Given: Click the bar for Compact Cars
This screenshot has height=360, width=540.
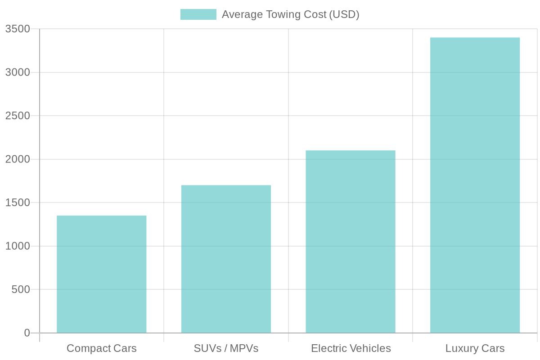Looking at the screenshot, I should pyautogui.click(x=102, y=274).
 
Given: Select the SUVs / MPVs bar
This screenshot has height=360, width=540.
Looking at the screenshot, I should pyautogui.click(x=226, y=259).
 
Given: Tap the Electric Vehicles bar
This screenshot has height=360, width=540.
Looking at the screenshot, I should pyautogui.click(x=351, y=242).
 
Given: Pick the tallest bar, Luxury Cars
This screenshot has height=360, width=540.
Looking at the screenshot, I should pyautogui.click(x=475, y=185).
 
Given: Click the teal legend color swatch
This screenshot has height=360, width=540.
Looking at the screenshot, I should pyautogui.click(x=198, y=14).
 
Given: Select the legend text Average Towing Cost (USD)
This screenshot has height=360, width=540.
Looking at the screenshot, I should pyautogui.click(x=290, y=14).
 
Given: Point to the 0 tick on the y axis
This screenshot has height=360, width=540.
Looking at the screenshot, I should pyautogui.click(x=27, y=333).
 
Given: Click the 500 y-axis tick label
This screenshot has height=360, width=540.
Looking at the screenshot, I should pyautogui.click(x=21, y=289).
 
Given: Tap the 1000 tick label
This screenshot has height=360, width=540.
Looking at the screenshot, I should pyautogui.click(x=18, y=246).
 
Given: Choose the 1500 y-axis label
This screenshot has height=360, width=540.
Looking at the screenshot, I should pyautogui.click(x=18, y=202).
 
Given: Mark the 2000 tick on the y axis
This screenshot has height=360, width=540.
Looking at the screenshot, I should pyautogui.click(x=18, y=159).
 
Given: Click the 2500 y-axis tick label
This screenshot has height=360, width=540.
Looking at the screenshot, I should pyautogui.click(x=18, y=116).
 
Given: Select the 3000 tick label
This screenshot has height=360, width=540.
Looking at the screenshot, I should pyautogui.click(x=18, y=72).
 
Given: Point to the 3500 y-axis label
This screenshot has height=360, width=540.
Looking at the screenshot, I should pyautogui.click(x=18, y=29).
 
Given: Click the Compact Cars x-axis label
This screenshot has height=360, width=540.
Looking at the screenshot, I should pyautogui.click(x=102, y=348).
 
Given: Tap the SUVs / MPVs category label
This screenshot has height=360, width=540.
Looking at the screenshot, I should pyautogui.click(x=226, y=348).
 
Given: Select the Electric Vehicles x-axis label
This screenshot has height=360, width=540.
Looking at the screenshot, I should pyautogui.click(x=351, y=348).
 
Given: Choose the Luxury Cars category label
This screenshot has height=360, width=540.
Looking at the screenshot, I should pyautogui.click(x=475, y=348).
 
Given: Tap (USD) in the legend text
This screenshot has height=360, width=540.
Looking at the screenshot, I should pyautogui.click(x=344, y=14).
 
